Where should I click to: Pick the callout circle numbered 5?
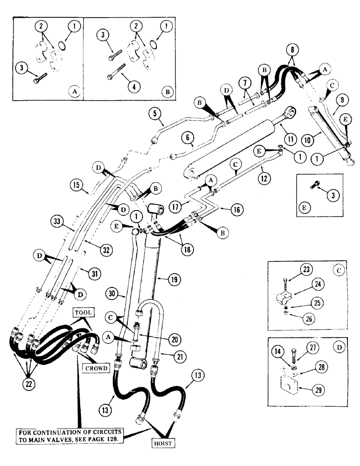[x=155, y=113]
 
